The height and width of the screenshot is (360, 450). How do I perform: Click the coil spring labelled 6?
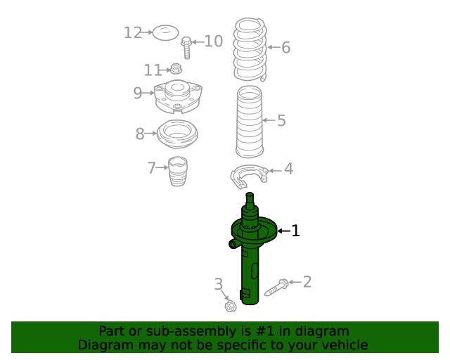[250, 49]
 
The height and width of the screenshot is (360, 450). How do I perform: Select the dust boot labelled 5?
[250, 122]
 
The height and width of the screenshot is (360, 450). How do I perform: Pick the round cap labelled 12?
[165, 33]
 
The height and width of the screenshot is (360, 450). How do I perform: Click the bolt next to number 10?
[186, 48]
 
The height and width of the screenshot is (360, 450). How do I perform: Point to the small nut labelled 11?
[176, 69]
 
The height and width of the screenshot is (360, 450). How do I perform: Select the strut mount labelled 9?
[178, 96]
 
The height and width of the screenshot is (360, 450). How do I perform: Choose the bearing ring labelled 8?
[177, 134]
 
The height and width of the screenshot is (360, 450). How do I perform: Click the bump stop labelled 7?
[178, 172]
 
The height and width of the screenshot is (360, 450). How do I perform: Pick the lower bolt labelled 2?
[276, 288]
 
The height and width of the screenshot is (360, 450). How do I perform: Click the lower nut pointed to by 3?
[230, 306]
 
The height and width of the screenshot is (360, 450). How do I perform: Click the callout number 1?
[295, 231]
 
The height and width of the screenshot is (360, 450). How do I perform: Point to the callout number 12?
[133, 33]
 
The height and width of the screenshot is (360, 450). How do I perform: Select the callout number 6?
[286, 47]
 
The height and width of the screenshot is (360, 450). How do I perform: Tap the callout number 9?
[138, 93]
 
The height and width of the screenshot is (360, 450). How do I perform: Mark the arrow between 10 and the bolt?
[198, 42]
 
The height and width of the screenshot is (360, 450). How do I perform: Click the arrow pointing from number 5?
[269, 120]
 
